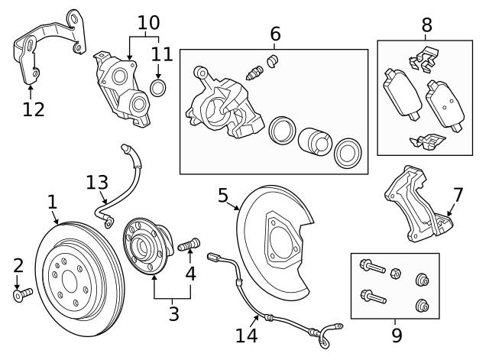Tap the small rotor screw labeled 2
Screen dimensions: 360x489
tap(23, 293)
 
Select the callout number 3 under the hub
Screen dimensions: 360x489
tap(173, 313)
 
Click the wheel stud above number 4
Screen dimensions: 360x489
tap(188, 245)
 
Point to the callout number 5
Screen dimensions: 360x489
tap(223, 196)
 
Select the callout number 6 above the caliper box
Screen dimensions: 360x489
tap(275, 34)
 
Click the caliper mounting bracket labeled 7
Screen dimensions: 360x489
tap(413, 203)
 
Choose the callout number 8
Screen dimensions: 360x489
tap(426, 25)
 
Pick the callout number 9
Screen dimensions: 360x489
tap(396, 334)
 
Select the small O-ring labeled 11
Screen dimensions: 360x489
tap(160, 88)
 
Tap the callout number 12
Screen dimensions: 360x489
tap(34, 109)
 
